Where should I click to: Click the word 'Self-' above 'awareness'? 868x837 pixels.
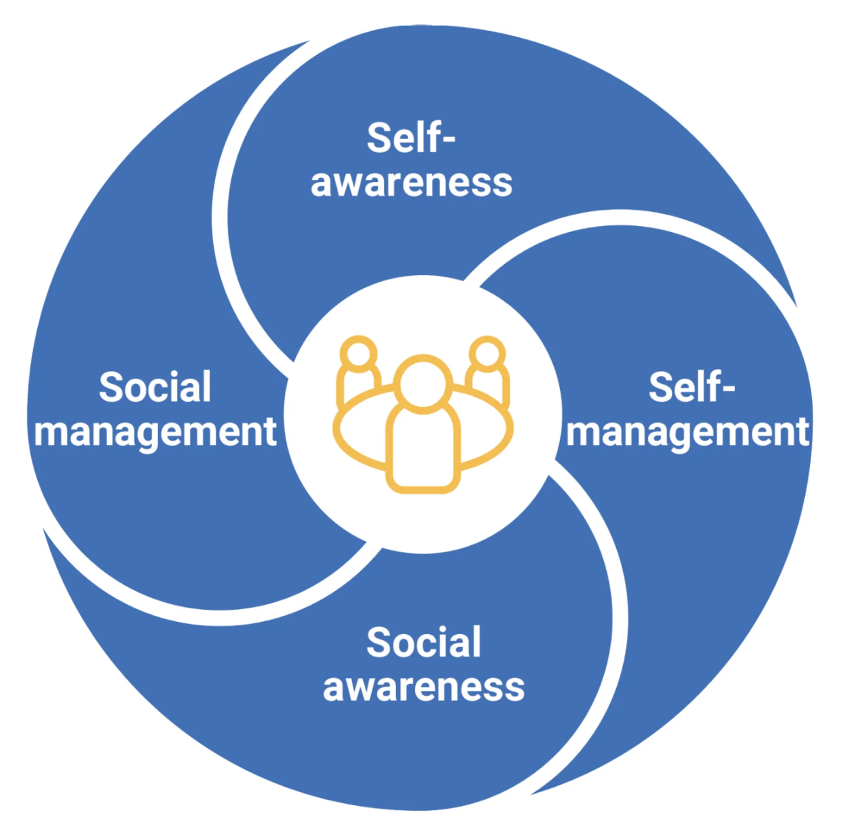[411, 138]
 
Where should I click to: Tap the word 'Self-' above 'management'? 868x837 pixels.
[691, 388]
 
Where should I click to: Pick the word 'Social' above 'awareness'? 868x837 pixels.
[424, 643]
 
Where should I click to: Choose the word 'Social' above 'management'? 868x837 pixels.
[155, 388]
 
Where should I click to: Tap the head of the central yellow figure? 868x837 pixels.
[423, 384]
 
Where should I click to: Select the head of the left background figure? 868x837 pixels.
[358, 354]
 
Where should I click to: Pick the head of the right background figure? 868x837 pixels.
[487, 354]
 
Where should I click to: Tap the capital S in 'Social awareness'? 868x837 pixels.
[377, 643]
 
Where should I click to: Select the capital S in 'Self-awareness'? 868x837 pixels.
[378, 138]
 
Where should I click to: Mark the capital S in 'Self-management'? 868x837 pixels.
[660, 388]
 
